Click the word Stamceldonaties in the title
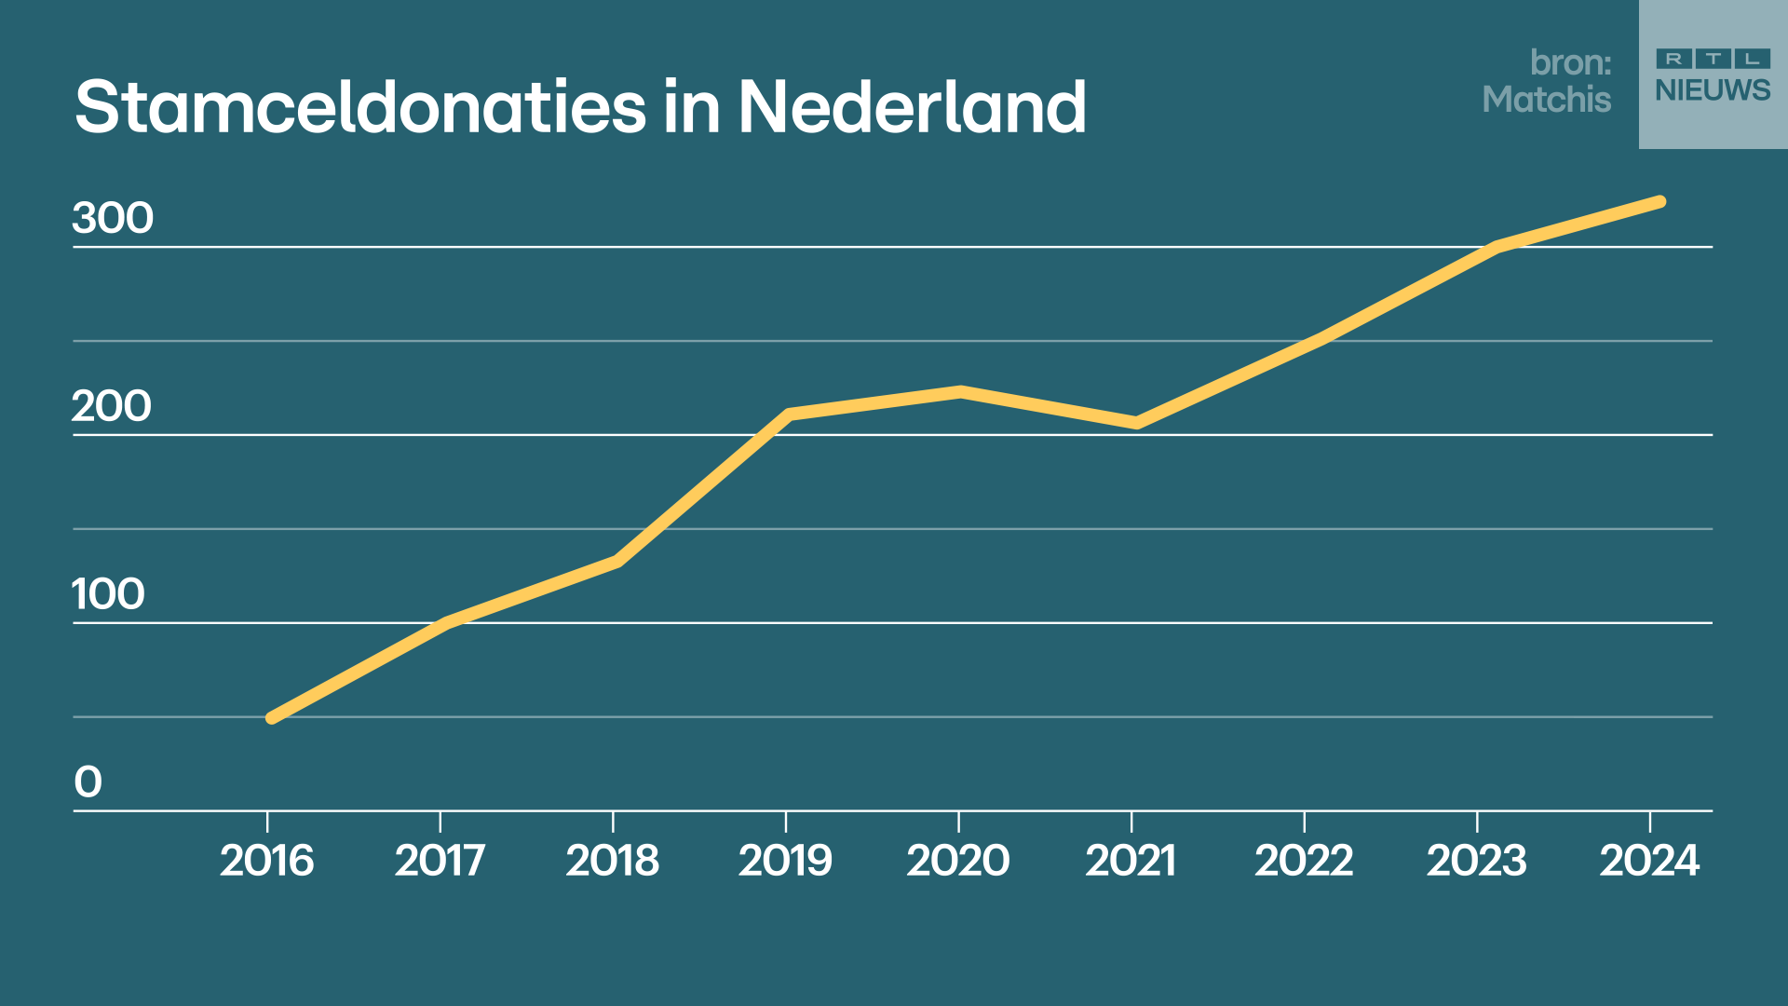pos(359,107)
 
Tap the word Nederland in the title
pos(912,107)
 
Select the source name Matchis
pos(1546,100)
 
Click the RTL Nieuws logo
pos(1713,75)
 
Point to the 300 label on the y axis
pos(113,218)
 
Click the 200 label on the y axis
pos(112,406)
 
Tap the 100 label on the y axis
pos(109,594)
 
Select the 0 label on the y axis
pos(88,782)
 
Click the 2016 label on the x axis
pos(267,861)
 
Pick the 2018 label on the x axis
pos(613,861)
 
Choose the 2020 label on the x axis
pos(958,861)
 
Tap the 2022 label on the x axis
pos(1304,861)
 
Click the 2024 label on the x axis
pos(1649,861)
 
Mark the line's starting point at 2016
pos(271,718)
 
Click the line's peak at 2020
pos(960,392)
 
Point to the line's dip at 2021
pos(1136,423)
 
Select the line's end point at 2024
pos(1660,201)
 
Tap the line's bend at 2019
pos(789,414)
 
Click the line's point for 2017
pos(445,622)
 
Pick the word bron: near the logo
pos(1570,62)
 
